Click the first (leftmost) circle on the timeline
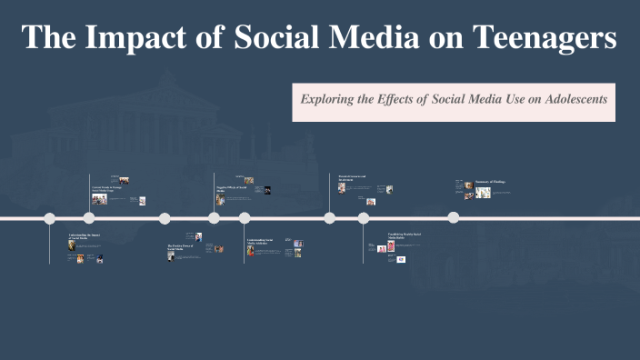50,218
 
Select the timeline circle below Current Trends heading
89,218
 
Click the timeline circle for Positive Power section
165,218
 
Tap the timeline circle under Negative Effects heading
214,218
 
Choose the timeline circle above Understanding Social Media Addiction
245,218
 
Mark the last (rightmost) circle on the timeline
453,218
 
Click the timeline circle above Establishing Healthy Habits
364,218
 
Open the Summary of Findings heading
490,182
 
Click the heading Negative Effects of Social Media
233,188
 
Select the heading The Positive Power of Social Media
181,246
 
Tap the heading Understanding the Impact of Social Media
84,236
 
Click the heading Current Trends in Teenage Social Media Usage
108,188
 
